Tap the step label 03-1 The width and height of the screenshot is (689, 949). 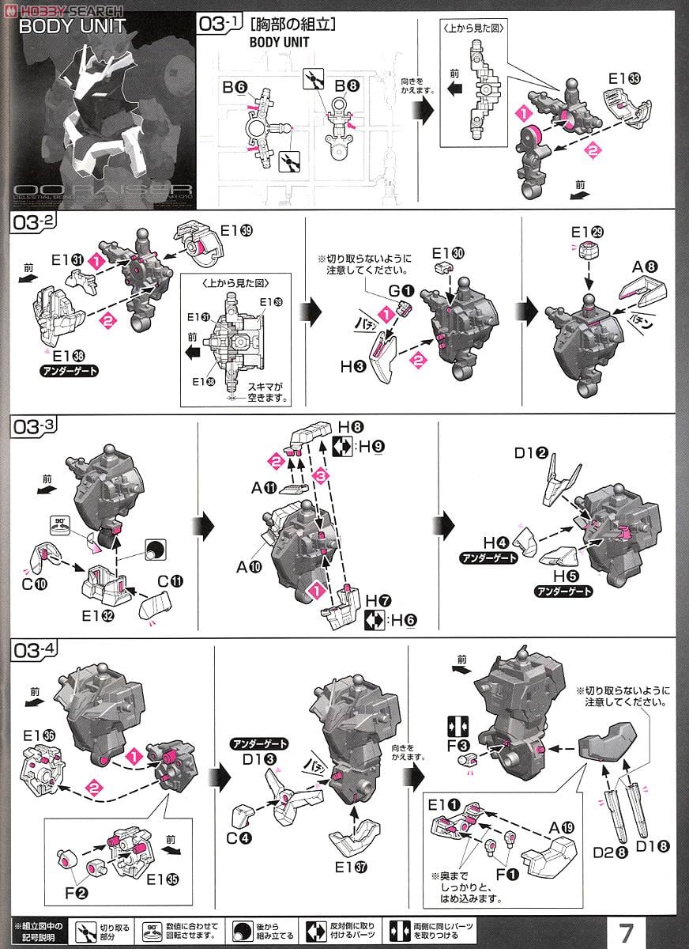point(222,25)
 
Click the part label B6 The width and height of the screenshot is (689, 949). point(235,88)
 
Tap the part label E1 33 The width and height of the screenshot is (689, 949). point(626,79)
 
